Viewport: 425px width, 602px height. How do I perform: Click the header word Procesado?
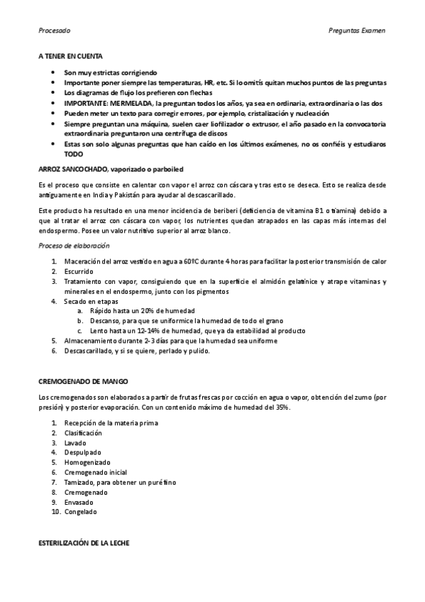tap(54, 31)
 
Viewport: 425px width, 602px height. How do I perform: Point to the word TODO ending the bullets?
tap(73, 153)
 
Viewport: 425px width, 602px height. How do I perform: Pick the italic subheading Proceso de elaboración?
tap(74, 245)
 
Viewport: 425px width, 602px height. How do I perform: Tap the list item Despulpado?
tap(83, 451)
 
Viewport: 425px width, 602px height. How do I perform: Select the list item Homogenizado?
tap(87, 461)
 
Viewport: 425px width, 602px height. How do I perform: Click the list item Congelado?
tap(81, 512)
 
